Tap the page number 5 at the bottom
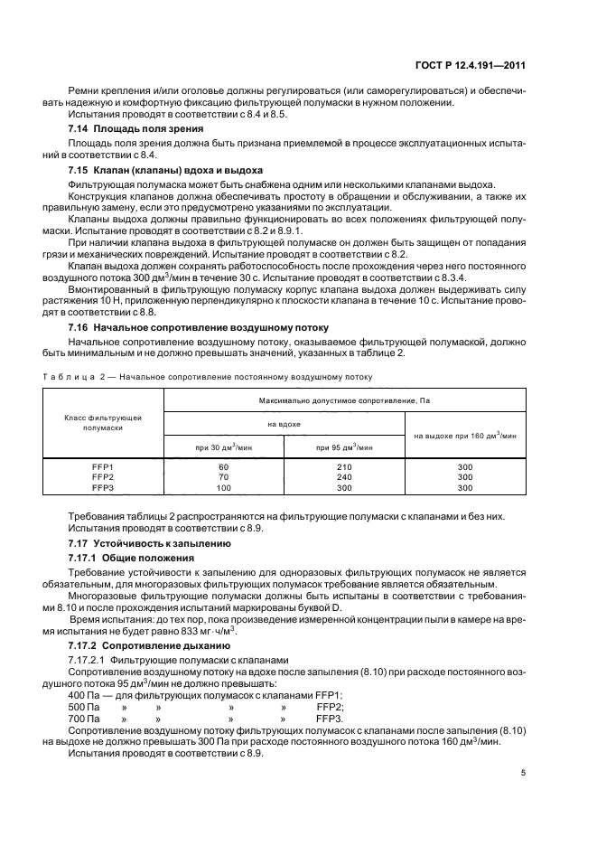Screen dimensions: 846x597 click(524, 774)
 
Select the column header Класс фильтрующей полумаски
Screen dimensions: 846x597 click(102, 423)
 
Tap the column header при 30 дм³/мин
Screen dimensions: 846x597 click(223, 446)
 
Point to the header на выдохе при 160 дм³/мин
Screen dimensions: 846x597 click(465, 435)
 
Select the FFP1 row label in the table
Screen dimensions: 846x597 click(102, 466)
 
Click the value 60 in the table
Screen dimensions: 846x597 click(223, 466)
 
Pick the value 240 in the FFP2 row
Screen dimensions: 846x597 click(344, 476)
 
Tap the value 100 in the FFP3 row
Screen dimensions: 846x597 click(223, 487)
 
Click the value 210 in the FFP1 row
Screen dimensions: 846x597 click(344, 466)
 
